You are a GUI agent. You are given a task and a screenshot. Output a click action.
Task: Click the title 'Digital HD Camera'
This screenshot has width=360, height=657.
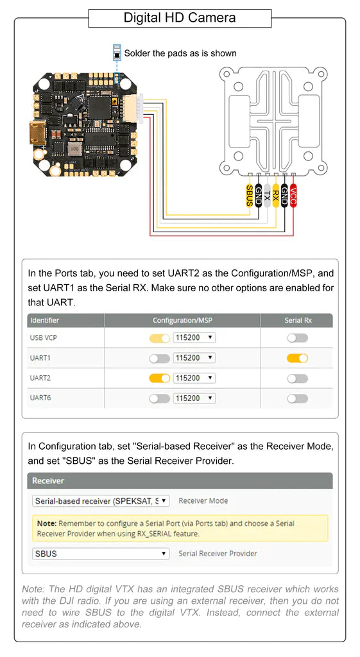click(x=180, y=17)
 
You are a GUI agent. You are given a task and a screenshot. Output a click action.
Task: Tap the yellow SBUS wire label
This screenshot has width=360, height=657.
click(x=249, y=195)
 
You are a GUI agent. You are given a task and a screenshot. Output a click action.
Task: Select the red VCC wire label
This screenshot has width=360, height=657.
click(x=293, y=195)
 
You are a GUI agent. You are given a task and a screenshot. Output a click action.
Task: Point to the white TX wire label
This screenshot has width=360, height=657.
click(x=267, y=196)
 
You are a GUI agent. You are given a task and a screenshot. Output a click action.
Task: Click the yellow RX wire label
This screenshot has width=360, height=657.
click(x=275, y=196)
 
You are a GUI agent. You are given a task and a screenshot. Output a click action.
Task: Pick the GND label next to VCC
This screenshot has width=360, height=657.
click(x=284, y=196)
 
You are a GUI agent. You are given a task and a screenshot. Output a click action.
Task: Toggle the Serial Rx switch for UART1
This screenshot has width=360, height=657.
click(x=297, y=358)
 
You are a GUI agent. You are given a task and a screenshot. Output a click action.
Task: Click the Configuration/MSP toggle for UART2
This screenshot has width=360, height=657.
click(x=159, y=379)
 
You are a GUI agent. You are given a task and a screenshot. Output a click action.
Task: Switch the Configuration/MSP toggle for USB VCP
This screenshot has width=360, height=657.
click(x=159, y=338)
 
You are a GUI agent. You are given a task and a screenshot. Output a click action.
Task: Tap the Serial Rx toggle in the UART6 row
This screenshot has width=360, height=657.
click(x=297, y=398)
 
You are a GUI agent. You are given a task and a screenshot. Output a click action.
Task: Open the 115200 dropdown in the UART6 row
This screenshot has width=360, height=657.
click(x=194, y=398)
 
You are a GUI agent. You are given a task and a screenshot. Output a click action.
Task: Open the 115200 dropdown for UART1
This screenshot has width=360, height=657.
click(x=194, y=358)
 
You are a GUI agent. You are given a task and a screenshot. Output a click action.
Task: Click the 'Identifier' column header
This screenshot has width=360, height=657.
click(x=44, y=320)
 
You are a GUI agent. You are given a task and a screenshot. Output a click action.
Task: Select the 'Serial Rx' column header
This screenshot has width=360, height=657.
click(x=298, y=320)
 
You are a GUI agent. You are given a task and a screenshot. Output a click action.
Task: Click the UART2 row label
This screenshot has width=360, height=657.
click(x=40, y=379)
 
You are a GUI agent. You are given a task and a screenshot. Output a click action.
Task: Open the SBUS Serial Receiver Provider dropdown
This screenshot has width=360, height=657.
click(x=101, y=553)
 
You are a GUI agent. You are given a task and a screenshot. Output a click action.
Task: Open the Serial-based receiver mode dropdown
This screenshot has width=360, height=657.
click(x=101, y=500)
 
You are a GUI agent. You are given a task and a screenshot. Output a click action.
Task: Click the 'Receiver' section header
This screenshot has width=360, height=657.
click(x=48, y=481)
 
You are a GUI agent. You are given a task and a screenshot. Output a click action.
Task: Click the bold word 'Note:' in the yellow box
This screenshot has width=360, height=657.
click(x=47, y=524)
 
